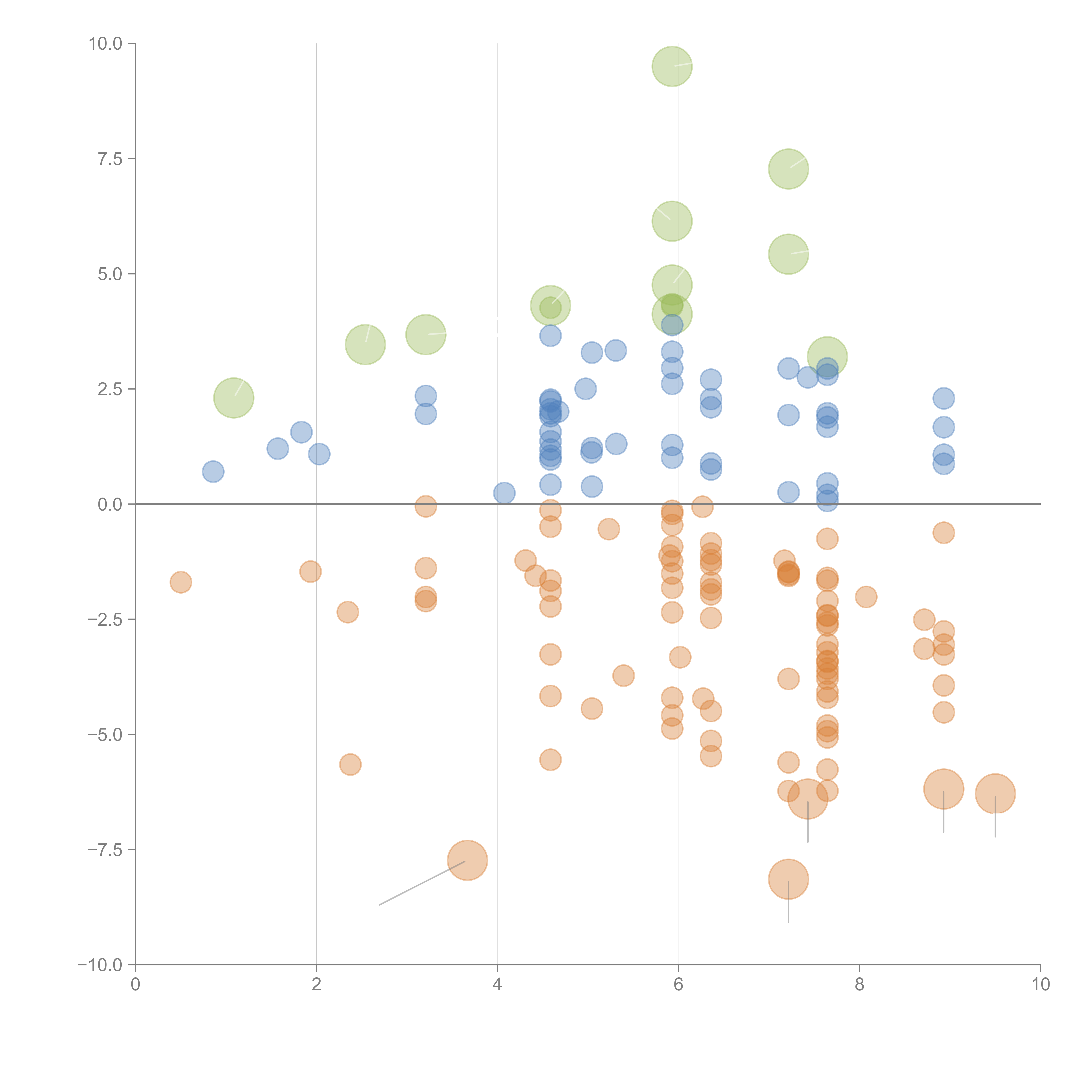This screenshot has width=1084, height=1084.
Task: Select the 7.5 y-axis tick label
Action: (110, 159)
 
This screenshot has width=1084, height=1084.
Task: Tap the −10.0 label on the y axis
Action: (100, 965)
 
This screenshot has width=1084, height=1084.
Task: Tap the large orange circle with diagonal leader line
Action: (467, 860)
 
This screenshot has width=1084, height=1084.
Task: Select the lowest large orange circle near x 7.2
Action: (788, 879)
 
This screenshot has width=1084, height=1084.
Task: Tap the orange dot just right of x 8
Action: (866, 596)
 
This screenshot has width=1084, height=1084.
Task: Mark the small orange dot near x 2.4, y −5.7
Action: (350, 764)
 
